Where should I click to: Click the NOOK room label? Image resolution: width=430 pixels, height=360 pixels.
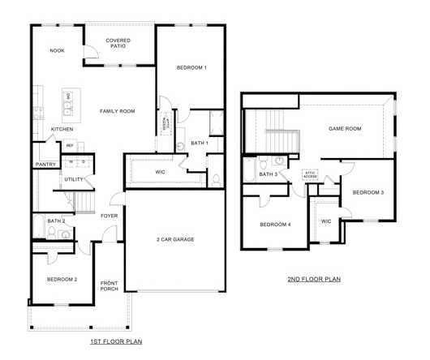pos(57,50)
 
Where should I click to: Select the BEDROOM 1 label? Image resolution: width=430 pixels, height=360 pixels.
pos(191,67)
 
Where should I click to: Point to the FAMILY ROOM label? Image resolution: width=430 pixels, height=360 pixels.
pos(117,110)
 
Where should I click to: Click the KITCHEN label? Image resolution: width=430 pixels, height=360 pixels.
pos(63,129)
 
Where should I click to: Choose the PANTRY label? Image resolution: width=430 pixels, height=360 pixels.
pos(45,165)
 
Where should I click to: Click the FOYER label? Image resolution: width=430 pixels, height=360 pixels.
pos(109,216)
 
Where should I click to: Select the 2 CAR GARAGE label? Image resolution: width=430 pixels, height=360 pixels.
pos(175,239)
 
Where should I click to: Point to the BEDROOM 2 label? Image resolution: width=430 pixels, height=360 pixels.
pos(62,279)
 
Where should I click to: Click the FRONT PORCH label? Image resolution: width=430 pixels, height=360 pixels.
pos(109,286)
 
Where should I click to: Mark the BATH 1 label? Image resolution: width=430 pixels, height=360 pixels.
pos(200,144)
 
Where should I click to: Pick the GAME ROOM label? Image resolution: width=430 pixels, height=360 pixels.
pos(344,128)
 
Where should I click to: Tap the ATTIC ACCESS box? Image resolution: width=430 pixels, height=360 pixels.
pos(309,174)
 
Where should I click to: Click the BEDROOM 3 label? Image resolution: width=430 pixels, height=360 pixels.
pos(368,192)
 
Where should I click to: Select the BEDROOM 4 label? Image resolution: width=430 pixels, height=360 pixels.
pos(275,224)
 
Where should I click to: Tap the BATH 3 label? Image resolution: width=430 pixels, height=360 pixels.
pos(269,174)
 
